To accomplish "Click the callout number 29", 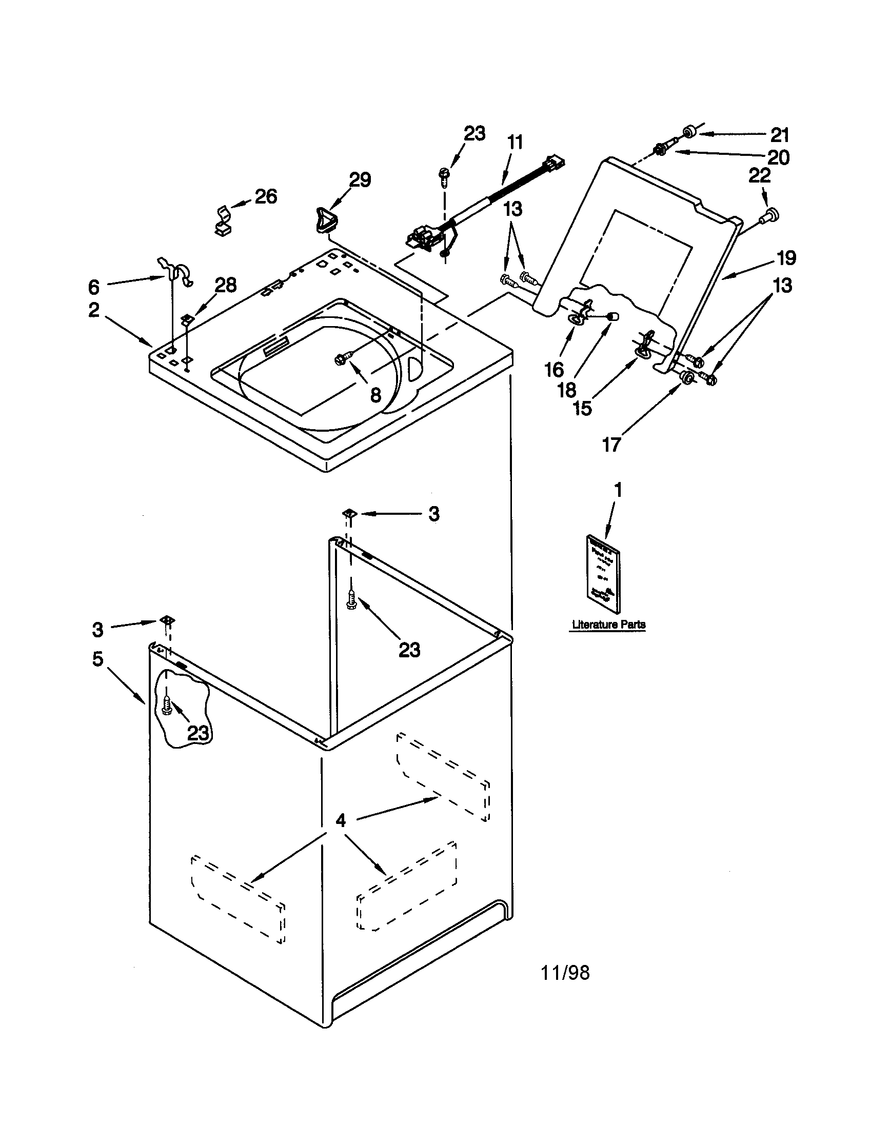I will (360, 180).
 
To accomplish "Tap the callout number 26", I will (266, 196).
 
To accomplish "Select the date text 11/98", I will (565, 973).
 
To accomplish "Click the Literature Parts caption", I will (608, 625).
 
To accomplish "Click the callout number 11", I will (515, 142).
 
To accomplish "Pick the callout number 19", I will (784, 258).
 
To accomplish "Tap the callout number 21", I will (780, 135).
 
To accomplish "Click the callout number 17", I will (611, 445).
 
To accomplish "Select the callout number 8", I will (375, 395).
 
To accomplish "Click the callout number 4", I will (340, 821).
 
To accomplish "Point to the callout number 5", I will (97, 658).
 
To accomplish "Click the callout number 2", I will (93, 310).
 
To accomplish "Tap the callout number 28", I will (226, 285).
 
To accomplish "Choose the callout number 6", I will (93, 286).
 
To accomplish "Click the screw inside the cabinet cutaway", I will (167, 705).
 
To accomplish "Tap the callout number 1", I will (618, 490).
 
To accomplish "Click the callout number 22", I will (759, 175).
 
